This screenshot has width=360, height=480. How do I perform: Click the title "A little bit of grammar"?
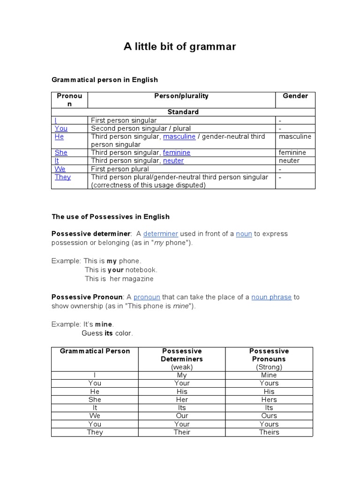pos(180,46)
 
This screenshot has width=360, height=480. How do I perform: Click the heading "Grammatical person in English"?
pos(105,80)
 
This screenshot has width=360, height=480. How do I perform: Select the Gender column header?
pos(295,96)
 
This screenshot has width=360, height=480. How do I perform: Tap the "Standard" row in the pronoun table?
pos(183,112)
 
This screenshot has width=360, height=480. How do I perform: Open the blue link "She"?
pos(61,152)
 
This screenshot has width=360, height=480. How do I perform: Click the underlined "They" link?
pos(63,177)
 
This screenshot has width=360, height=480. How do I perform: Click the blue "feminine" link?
pos(177,152)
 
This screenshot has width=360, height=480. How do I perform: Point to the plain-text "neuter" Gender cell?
pos(289,160)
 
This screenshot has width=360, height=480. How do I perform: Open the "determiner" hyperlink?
pos(161,233)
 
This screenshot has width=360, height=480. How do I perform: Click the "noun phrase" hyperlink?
pos(271,297)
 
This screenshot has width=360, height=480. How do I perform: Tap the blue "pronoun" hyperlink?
pos(147,297)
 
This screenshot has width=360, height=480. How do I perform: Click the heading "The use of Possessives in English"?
pos(111,217)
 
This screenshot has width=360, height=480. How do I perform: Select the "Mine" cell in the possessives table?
pos(269,375)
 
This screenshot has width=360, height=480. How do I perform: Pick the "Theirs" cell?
pos(269,432)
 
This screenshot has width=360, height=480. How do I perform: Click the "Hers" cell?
pos(269,399)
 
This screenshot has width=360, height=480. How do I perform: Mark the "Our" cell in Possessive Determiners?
pos(182,416)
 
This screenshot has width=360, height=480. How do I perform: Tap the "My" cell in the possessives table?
pos(182,375)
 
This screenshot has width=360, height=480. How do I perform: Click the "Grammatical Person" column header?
pos(95,351)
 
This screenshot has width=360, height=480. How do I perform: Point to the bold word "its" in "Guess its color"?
pos(109,333)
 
